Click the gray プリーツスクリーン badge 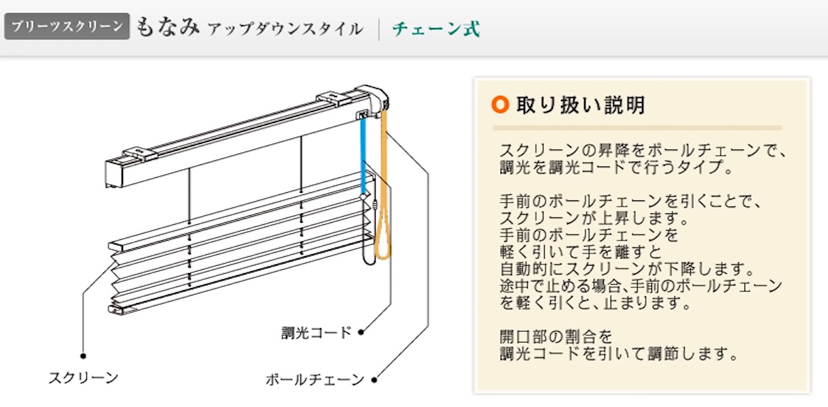tap(67, 27)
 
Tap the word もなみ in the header tap(168, 27)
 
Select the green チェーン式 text tap(435, 29)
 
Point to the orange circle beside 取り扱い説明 tap(499, 105)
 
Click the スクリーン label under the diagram tap(83, 378)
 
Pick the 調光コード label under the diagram tap(317, 333)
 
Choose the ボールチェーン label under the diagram tap(314, 380)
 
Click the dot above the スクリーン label tap(83, 355)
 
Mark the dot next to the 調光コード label tap(361, 332)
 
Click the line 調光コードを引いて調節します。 tap(618, 354)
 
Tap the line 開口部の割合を tap(556, 336)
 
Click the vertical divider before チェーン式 tap(379, 29)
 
